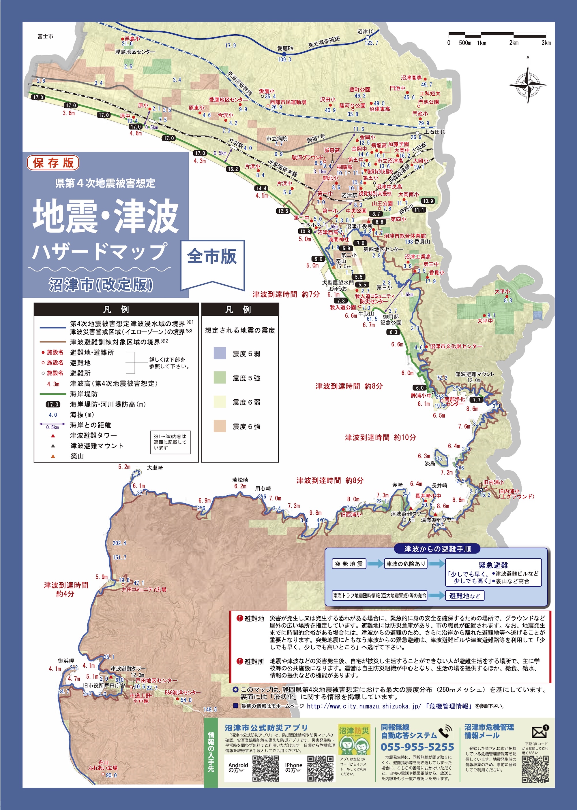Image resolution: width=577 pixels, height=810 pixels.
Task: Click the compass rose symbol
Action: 528,84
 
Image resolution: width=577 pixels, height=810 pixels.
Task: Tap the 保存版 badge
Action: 53,163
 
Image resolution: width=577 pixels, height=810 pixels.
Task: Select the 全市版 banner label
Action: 212,256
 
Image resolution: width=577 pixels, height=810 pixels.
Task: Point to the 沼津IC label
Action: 366,32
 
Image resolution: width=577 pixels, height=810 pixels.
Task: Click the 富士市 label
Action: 46,37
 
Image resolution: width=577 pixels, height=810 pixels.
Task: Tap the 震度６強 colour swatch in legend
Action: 220,426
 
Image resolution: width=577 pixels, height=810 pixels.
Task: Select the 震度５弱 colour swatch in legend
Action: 220,353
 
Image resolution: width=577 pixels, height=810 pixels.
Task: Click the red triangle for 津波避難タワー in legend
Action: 53,436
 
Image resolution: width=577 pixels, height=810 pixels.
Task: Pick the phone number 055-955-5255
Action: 417,747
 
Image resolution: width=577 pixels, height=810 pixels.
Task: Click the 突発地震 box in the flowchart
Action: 349,564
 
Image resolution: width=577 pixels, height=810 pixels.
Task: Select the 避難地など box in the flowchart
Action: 465,596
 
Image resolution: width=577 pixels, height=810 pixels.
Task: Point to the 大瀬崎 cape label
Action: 155,468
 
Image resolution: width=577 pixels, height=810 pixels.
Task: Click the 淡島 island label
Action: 430,464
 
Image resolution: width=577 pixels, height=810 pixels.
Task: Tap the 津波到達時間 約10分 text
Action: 380,437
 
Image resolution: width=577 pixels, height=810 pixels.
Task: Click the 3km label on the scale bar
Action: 546,43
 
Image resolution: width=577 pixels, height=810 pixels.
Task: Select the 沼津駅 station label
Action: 349,195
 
